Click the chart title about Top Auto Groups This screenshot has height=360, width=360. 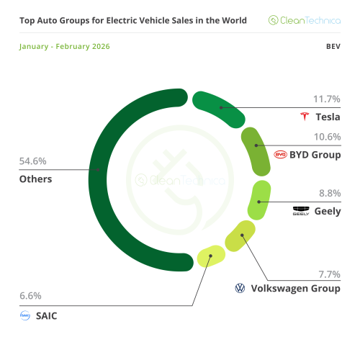132,20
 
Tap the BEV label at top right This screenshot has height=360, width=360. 333,47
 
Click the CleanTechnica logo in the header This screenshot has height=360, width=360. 305,20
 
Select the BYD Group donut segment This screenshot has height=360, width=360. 256,150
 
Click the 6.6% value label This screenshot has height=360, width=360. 31,295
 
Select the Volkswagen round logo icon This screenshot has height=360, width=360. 240,288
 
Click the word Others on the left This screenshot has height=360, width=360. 35,179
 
